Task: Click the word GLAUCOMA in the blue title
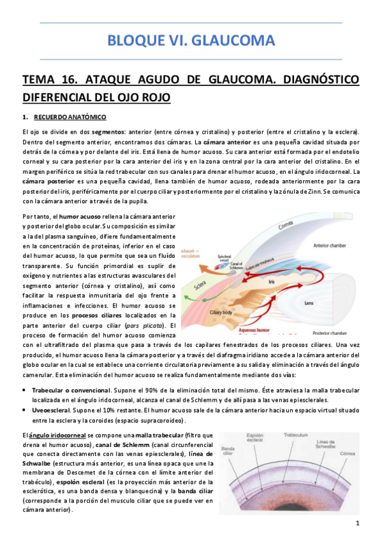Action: (237, 41)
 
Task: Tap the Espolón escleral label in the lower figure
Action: (256, 439)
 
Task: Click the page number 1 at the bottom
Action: (358, 523)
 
